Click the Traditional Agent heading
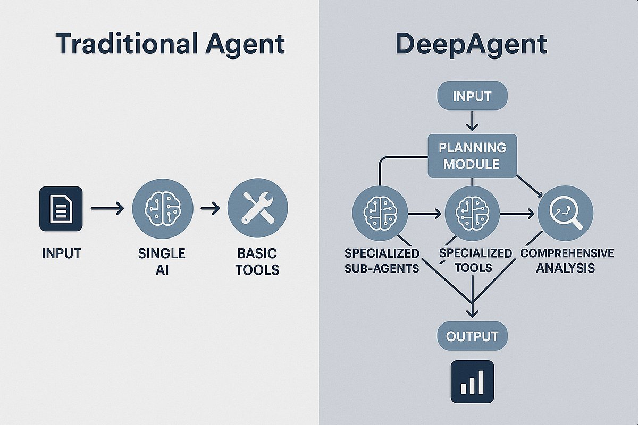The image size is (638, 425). (170, 44)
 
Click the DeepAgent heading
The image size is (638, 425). (472, 44)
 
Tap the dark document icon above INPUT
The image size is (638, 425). (61, 208)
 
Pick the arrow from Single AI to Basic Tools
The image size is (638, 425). (210, 208)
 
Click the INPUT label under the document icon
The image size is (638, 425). (61, 253)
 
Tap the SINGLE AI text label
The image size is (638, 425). (162, 261)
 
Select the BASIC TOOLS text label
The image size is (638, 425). (257, 261)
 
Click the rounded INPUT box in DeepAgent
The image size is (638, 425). (472, 97)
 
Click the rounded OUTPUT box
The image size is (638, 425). (472, 336)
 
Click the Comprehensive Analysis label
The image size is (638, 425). (567, 260)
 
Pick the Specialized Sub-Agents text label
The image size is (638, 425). (382, 260)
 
